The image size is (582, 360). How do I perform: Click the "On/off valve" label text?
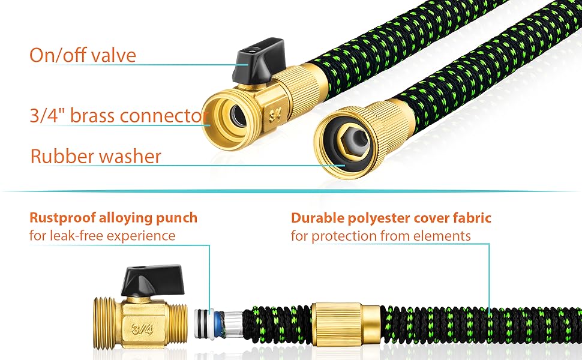pyautogui.click(x=83, y=55)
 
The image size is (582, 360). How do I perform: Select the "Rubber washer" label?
pyautogui.click(x=96, y=157)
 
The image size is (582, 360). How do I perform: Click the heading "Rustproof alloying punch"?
pyautogui.click(x=113, y=217)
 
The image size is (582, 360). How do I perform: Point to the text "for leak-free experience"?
pyautogui.click(x=103, y=236)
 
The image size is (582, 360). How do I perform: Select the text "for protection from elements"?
pyautogui.click(x=381, y=236)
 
